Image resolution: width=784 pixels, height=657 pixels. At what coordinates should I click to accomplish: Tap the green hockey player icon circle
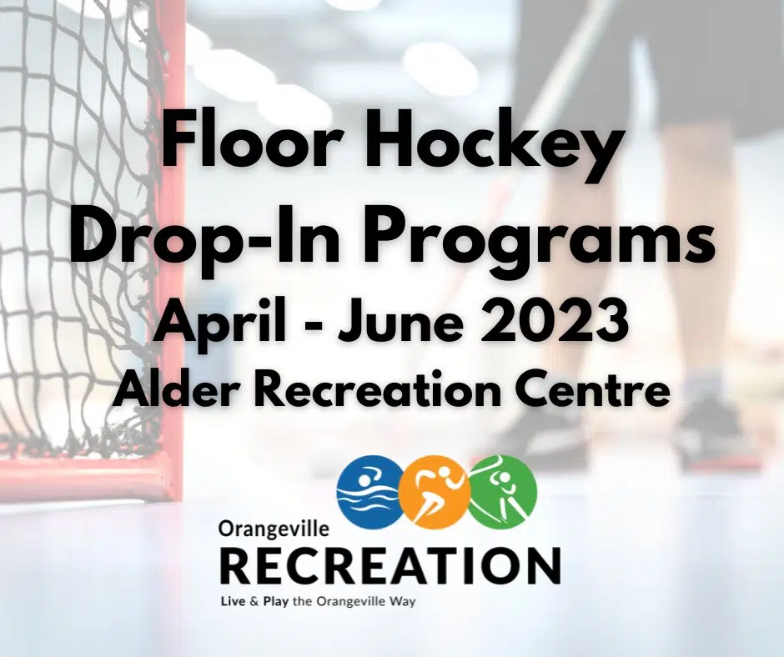coord(502,492)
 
